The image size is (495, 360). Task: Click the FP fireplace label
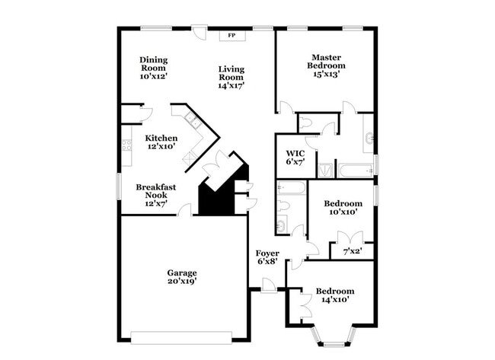click(232, 35)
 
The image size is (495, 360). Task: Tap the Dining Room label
click(154, 64)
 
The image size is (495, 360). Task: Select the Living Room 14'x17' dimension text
click(232, 85)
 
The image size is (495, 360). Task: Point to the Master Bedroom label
click(326, 62)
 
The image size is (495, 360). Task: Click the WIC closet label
click(295, 154)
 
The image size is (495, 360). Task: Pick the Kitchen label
click(161, 138)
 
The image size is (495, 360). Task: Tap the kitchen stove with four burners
click(126, 145)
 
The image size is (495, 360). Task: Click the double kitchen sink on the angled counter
click(193, 121)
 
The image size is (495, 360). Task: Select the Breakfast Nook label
click(156, 191)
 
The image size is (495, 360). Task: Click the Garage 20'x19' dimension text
click(182, 281)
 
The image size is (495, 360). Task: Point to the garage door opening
click(181, 338)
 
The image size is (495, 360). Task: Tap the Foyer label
click(267, 253)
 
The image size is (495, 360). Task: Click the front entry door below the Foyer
click(269, 286)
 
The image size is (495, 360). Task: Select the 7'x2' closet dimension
click(353, 251)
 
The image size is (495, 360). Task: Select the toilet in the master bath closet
click(305, 123)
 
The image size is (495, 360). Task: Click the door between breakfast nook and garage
click(185, 211)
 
